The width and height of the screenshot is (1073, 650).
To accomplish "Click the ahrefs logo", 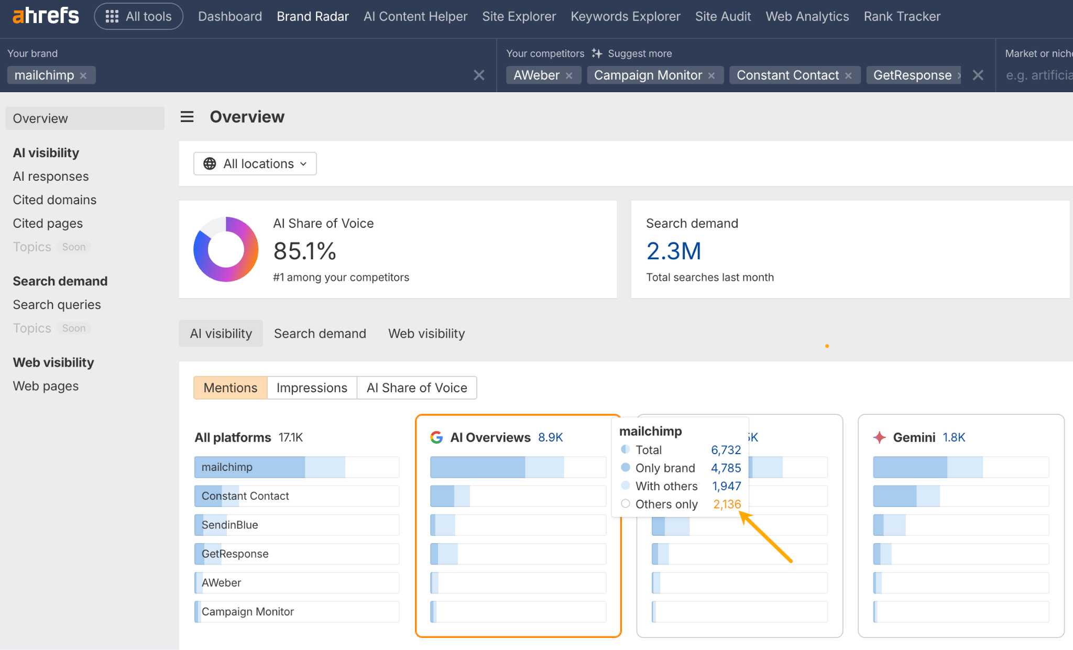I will [46, 16].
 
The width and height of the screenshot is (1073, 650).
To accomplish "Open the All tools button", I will [138, 16].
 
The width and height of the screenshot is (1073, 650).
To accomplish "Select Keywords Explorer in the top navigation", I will [625, 16].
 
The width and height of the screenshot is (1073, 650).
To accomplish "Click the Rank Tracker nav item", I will [902, 16].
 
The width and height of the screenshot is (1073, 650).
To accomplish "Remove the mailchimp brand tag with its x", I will [83, 75].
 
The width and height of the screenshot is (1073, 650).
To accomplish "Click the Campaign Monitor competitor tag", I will [648, 75].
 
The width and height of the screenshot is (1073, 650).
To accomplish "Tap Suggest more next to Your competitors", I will [632, 53].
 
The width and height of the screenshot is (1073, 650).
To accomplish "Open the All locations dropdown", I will [255, 164].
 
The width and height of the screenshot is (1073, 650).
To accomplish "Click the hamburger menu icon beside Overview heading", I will [187, 117].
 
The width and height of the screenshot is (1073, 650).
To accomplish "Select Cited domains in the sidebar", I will [54, 200].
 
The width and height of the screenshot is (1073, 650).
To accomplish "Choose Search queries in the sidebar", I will [57, 304].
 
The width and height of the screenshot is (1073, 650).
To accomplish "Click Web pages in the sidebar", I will [46, 386].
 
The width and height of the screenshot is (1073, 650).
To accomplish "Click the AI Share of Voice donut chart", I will [226, 249].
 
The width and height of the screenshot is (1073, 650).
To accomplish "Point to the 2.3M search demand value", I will [673, 251].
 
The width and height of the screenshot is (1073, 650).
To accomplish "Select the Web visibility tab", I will [426, 334].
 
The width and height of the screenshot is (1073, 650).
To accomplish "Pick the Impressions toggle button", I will [312, 388].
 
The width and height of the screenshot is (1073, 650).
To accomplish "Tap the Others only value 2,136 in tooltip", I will [727, 504].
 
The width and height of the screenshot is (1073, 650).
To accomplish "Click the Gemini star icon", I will [879, 437].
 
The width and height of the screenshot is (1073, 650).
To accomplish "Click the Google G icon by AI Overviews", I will [436, 437].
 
